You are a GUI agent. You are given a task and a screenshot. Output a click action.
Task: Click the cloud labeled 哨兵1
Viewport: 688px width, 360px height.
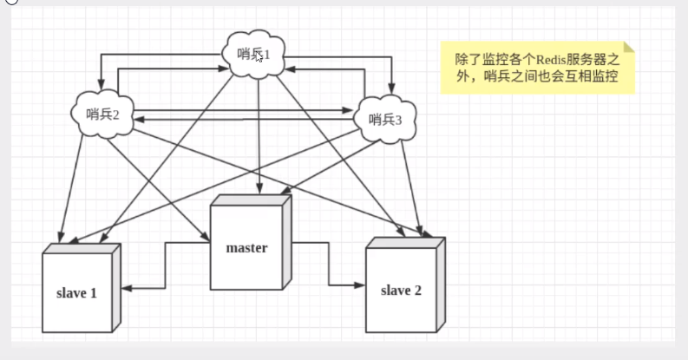(255, 55)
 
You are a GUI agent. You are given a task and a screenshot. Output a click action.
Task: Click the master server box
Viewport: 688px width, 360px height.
(247, 248)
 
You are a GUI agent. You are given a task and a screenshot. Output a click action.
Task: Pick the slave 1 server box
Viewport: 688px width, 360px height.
(77, 293)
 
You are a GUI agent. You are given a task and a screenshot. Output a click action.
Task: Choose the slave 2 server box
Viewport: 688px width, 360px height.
(401, 290)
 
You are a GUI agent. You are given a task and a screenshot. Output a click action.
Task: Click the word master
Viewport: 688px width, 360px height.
(247, 248)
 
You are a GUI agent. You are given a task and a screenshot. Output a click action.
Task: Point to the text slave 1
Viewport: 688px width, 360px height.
(77, 293)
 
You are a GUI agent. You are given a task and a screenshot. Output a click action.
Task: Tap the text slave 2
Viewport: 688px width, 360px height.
(401, 290)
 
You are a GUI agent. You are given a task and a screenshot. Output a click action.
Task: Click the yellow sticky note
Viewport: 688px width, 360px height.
(537, 68)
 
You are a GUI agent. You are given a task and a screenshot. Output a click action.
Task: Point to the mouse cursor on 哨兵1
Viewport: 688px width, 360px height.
(259, 57)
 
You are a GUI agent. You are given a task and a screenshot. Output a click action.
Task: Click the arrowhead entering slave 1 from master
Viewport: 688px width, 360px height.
(125, 287)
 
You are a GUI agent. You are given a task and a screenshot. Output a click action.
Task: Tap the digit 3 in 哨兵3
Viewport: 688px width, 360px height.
(399, 121)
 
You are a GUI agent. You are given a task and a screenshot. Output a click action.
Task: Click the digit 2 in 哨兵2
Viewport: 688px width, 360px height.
(116, 114)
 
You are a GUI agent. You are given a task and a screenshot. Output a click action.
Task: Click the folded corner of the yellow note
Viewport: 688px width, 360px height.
(629, 48)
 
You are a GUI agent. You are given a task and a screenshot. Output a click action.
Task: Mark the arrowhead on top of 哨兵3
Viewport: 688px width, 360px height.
(390, 91)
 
